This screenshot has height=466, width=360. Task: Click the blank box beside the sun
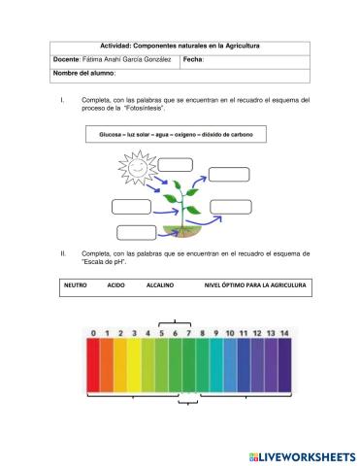click(175, 163)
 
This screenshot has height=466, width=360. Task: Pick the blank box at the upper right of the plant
click(228, 174)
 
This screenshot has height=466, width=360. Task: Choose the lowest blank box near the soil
click(135, 231)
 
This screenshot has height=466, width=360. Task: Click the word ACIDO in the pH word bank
click(116, 286)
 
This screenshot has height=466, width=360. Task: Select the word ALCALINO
click(160, 286)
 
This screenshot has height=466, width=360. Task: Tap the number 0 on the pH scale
click(93, 334)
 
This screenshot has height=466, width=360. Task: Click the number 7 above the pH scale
click(188, 334)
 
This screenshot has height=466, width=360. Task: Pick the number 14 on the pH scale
click(283, 334)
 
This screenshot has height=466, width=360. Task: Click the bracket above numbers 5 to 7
click(175, 321)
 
